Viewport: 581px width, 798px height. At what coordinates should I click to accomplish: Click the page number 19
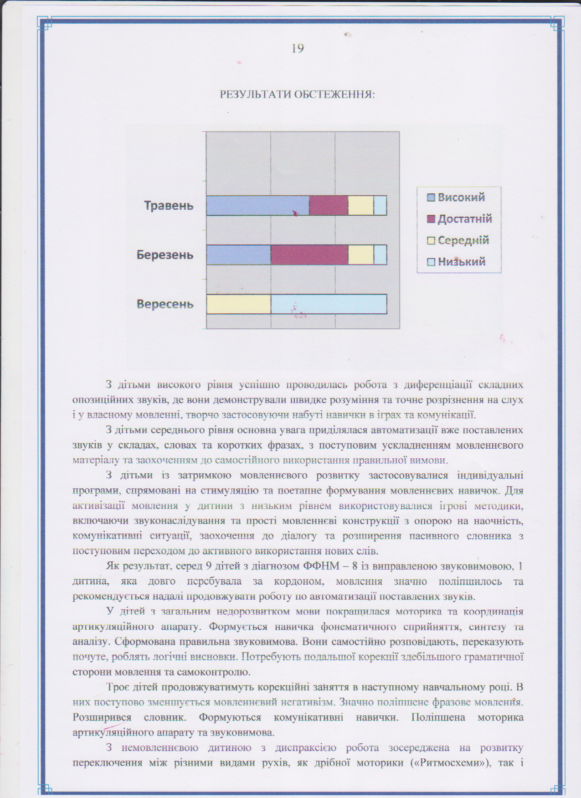(x=298, y=48)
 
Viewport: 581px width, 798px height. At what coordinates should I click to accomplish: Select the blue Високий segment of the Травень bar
(x=257, y=206)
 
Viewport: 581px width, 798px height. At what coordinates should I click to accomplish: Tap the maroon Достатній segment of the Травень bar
(x=329, y=206)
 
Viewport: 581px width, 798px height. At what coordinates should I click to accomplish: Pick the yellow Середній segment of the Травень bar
(x=360, y=206)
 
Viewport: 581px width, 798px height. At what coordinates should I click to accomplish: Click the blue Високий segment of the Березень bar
(x=238, y=255)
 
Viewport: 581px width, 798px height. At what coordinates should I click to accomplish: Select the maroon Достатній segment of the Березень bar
(x=309, y=255)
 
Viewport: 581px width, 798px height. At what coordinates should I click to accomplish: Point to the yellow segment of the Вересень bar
(x=238, y=304)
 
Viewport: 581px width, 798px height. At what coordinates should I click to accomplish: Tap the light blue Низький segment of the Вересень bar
(x=329, y=304)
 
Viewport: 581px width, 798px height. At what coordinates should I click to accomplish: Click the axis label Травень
(x=169, y=206)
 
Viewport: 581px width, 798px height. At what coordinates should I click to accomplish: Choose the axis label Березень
(x=165, y=255)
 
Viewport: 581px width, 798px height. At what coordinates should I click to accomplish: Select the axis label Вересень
(x=165, y=304)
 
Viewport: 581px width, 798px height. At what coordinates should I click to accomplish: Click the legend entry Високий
(x=461, y=197)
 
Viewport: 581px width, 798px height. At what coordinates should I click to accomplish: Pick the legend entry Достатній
(x=464, y=219)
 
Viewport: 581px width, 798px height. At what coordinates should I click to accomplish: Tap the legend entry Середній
(x=463, y=240)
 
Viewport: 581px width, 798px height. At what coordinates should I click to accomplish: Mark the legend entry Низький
(x=461, y=262)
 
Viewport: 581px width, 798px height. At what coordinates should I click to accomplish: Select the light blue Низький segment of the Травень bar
(x=380, y=206)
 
